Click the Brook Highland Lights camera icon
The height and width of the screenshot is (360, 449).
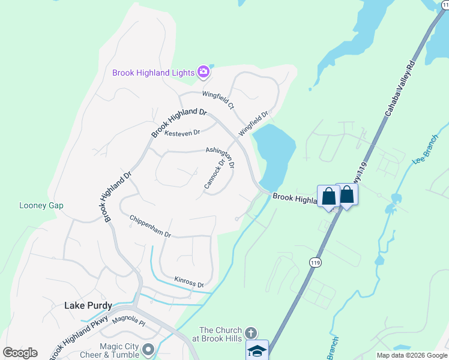click(x=203, y=73)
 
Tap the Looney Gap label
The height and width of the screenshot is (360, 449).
click(x=41, y=205)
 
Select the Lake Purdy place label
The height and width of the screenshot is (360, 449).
click(x=88, y=305)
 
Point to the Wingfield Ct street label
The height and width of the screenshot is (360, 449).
click(x=218, y=99)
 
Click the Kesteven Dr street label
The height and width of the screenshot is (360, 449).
click(x=181, y=132)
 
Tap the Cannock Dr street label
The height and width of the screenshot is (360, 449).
click(x=214, y=175)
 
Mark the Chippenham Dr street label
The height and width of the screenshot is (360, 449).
click(x=151, y=226)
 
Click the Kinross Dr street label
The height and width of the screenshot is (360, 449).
click(x=189, y=281)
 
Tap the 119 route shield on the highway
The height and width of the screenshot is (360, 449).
click(x=315, y=262)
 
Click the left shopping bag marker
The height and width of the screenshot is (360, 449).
click(x=328, y=196)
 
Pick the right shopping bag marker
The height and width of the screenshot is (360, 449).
click(x=347, y=194)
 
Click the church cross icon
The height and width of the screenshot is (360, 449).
click(x=252, y=332)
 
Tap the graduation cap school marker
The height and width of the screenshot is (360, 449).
click(x=257, y=350)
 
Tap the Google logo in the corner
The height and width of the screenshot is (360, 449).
click(x=20, y=353)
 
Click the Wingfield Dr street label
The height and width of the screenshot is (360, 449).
click(x=253, y=122)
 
